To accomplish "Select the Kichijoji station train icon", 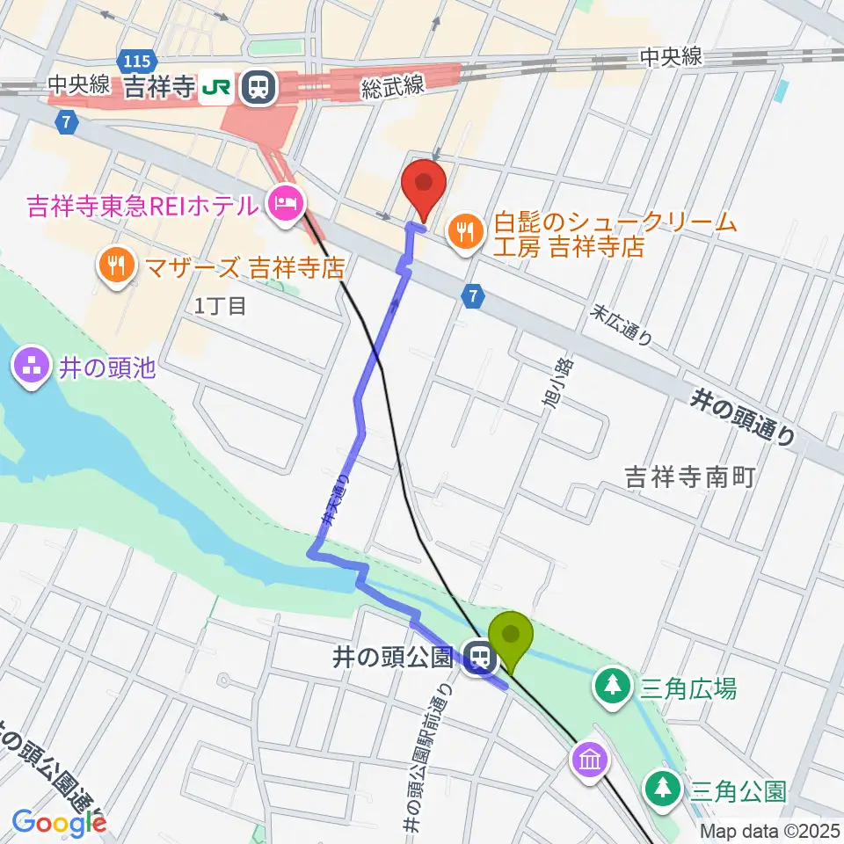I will pyautogui.click(x=259, y=86).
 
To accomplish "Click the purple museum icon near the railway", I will pyautogui.click(x=589, y=758).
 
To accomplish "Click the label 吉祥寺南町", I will pyautogui.click(x=690, y=477).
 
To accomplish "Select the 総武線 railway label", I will pyautogui.click(x=393, y=85).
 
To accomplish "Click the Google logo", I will pyautogui.click(x=59, y=823).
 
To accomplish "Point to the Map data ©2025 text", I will pyautogui.click(x=770, y=830).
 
